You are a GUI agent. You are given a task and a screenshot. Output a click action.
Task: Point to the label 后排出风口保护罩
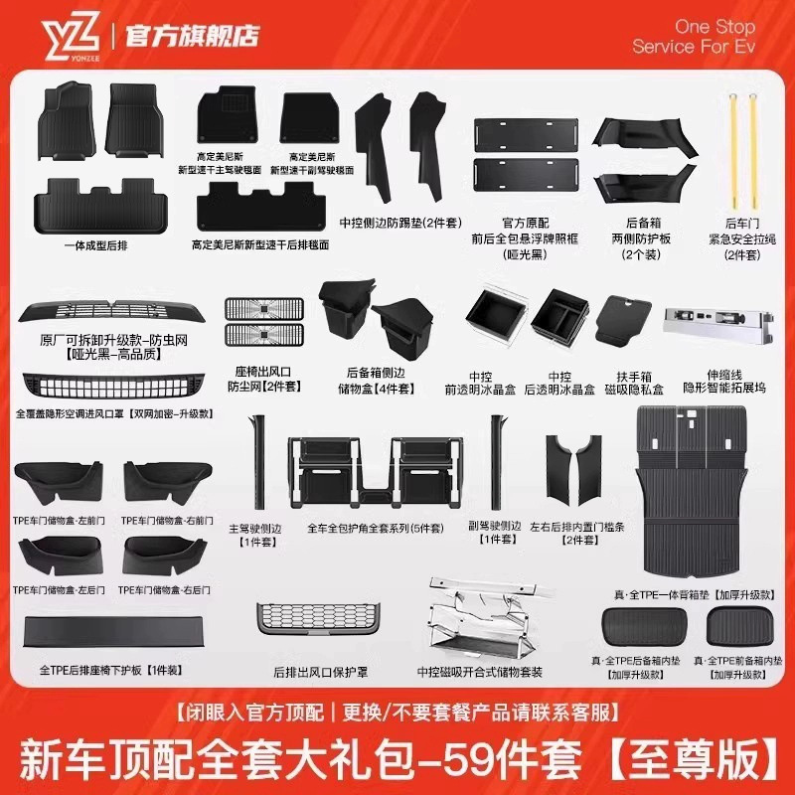click(x=319, y=673)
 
